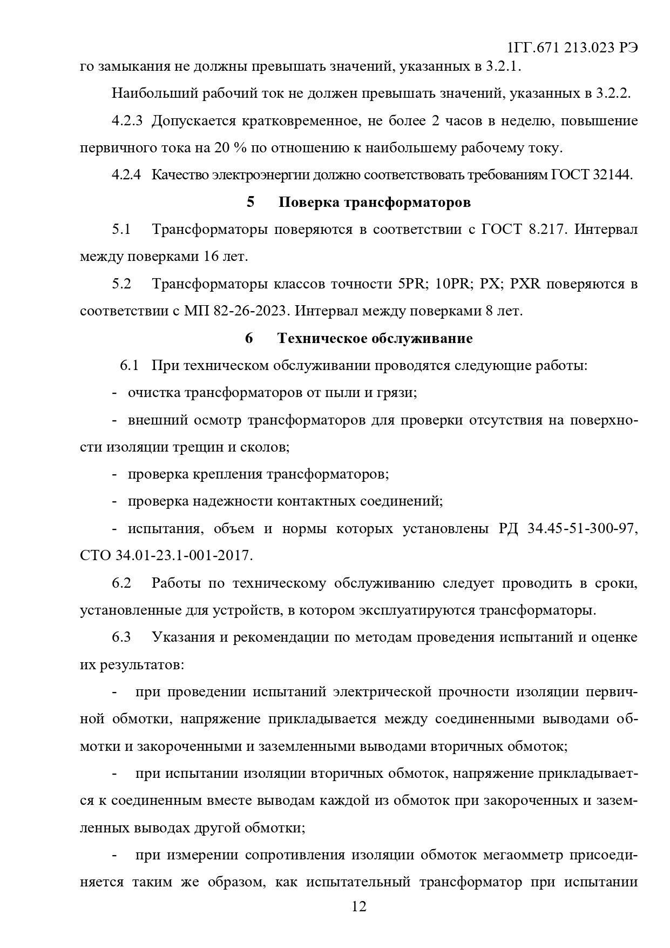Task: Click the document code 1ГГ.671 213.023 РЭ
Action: click(573, 48)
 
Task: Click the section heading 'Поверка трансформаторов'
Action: click(374, 203)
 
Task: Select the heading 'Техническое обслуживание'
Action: click(375, 338)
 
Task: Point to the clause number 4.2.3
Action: click(127, 120)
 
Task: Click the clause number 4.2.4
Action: click(127, 175)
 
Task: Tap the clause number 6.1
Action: click(129, 366)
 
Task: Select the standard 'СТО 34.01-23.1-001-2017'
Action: click(166, 555)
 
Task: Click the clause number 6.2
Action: click(121, 583)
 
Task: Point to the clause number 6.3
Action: click(121, 637)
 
